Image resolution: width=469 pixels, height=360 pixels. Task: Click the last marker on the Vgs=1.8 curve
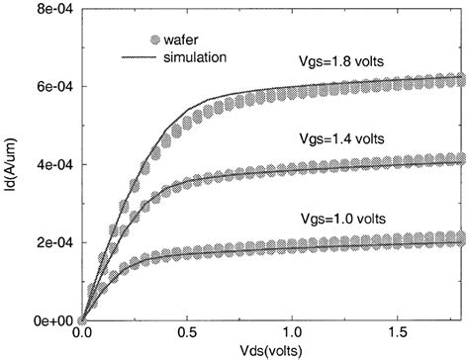[x=459, y=79]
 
